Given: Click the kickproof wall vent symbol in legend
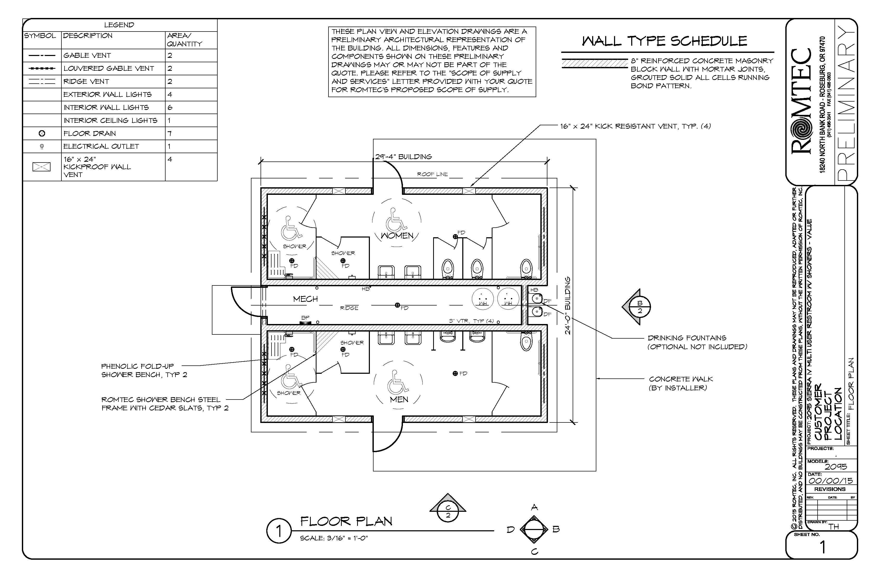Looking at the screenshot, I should (41, 167).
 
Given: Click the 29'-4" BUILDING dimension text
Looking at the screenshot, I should (403, 157).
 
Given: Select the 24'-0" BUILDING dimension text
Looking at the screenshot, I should (567, 306).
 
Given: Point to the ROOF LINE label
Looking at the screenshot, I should (432, 174).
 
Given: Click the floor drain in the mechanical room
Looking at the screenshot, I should (397, 305).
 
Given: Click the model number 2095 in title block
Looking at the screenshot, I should (836, 466).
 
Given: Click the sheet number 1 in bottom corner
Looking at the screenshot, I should (823, 547).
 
